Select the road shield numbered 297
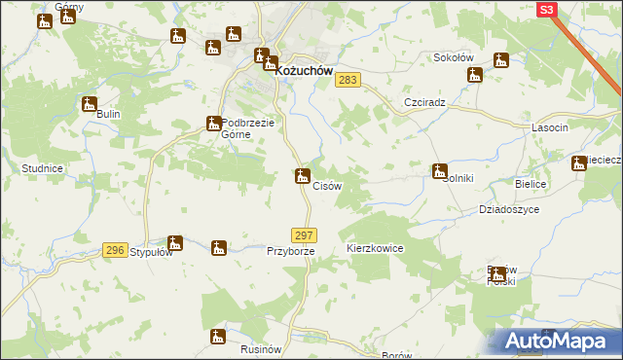point(304,235)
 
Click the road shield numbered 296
point(115,250)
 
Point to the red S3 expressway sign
point(547,9)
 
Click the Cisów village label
point(326,186)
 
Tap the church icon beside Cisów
point(303,176)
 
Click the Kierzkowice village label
point(375,249)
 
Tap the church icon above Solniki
point(440,171)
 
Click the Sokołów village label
point(453,57)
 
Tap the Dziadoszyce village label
point(508,209)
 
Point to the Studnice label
point(42,168)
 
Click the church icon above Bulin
point(90,104)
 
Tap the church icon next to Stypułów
point(175,243)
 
